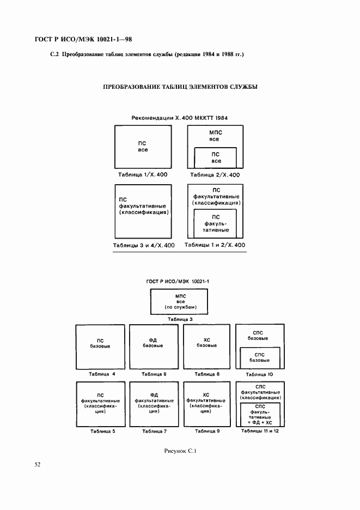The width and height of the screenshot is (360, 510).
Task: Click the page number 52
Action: pyautogui.click(x=38, y=464)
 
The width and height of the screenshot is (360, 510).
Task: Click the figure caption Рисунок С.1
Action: pyautogui.click(x=180, y=451)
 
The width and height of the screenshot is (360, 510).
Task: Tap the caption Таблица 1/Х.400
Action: pyautogui.click(x=143, y=175)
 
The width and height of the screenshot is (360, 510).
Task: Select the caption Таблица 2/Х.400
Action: pyautogui.click(x=215, y=175)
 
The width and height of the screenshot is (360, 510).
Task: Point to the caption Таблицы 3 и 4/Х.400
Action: pyautogui.click(x=144, y=245)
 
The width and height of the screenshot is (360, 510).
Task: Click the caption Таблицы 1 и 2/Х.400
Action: pyautogui.click(x=215, y=245)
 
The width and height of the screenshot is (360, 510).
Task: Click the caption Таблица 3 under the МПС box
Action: pyautogui.click(x=180, y=319)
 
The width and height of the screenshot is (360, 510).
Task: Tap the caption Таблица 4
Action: pyautogui.click(x=102, y=374)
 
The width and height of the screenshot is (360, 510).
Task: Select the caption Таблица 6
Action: pyautogui.click(x=154, y=374)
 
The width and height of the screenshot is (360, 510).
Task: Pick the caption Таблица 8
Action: pyautogui.click(x=207, y=374)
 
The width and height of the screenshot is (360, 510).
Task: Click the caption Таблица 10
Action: pyautogui.click(x=259, y=374)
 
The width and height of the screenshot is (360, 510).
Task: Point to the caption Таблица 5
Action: pyautogui.click(x=103, y=432)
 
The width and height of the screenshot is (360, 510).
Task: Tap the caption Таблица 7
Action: pyautogui.click(x=155, y=432)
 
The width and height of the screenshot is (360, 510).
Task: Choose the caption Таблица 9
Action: pyautogui.click(x=208, y=431)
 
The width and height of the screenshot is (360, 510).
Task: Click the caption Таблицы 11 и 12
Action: pyautogui.click(x=260, y=431)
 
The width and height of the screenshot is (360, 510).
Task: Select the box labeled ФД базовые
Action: pyautogui.click(x=154, y=347)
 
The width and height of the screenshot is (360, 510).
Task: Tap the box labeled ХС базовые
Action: pyautogui.click(x=206, y=347)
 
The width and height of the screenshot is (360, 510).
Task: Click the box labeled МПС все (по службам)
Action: pyautogui.click(x=179, y=302)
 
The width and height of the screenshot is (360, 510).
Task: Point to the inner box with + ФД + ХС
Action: pyautogui.click(x=260, y=414)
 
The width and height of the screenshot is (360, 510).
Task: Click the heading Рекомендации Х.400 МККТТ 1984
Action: pyautogui.click(x=180, y=118)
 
